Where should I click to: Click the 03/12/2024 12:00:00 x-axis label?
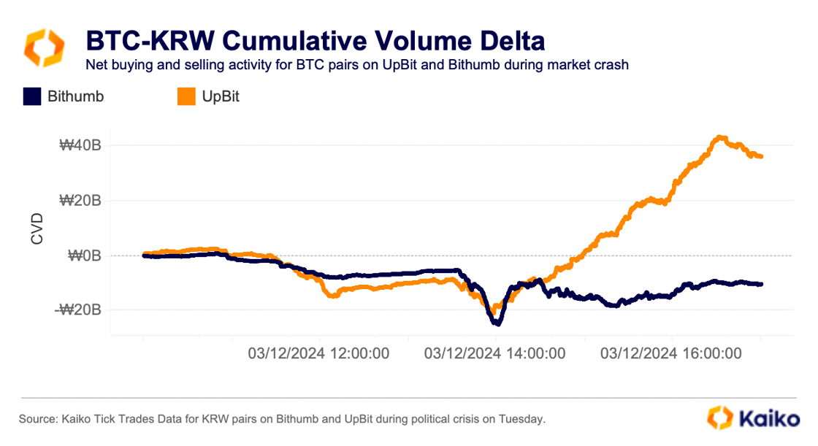pyautogui.click(x=318, y=353)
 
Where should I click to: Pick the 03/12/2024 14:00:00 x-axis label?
pyautogui.click(x=494, y=353)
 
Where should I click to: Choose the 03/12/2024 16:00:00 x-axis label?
pyautogui.click(x=671, y=353)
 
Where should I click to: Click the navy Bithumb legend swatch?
pyautogui.click(x=31, y=96)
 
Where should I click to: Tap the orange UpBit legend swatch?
pyautogui.click(x=187, y=96)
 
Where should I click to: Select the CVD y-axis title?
pyautogui.click(x=37, y=228)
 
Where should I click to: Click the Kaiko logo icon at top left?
pyautogui.click(x=45, y=47)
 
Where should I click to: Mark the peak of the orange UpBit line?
pyautogui.click(x=720, y=137)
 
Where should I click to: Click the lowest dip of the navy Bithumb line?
pyautogui.click(x=497, y=323)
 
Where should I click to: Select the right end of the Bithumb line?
pyautogui.click(x=761, y=284)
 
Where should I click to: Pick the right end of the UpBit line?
pyautogui.click(x=761, y=156)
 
